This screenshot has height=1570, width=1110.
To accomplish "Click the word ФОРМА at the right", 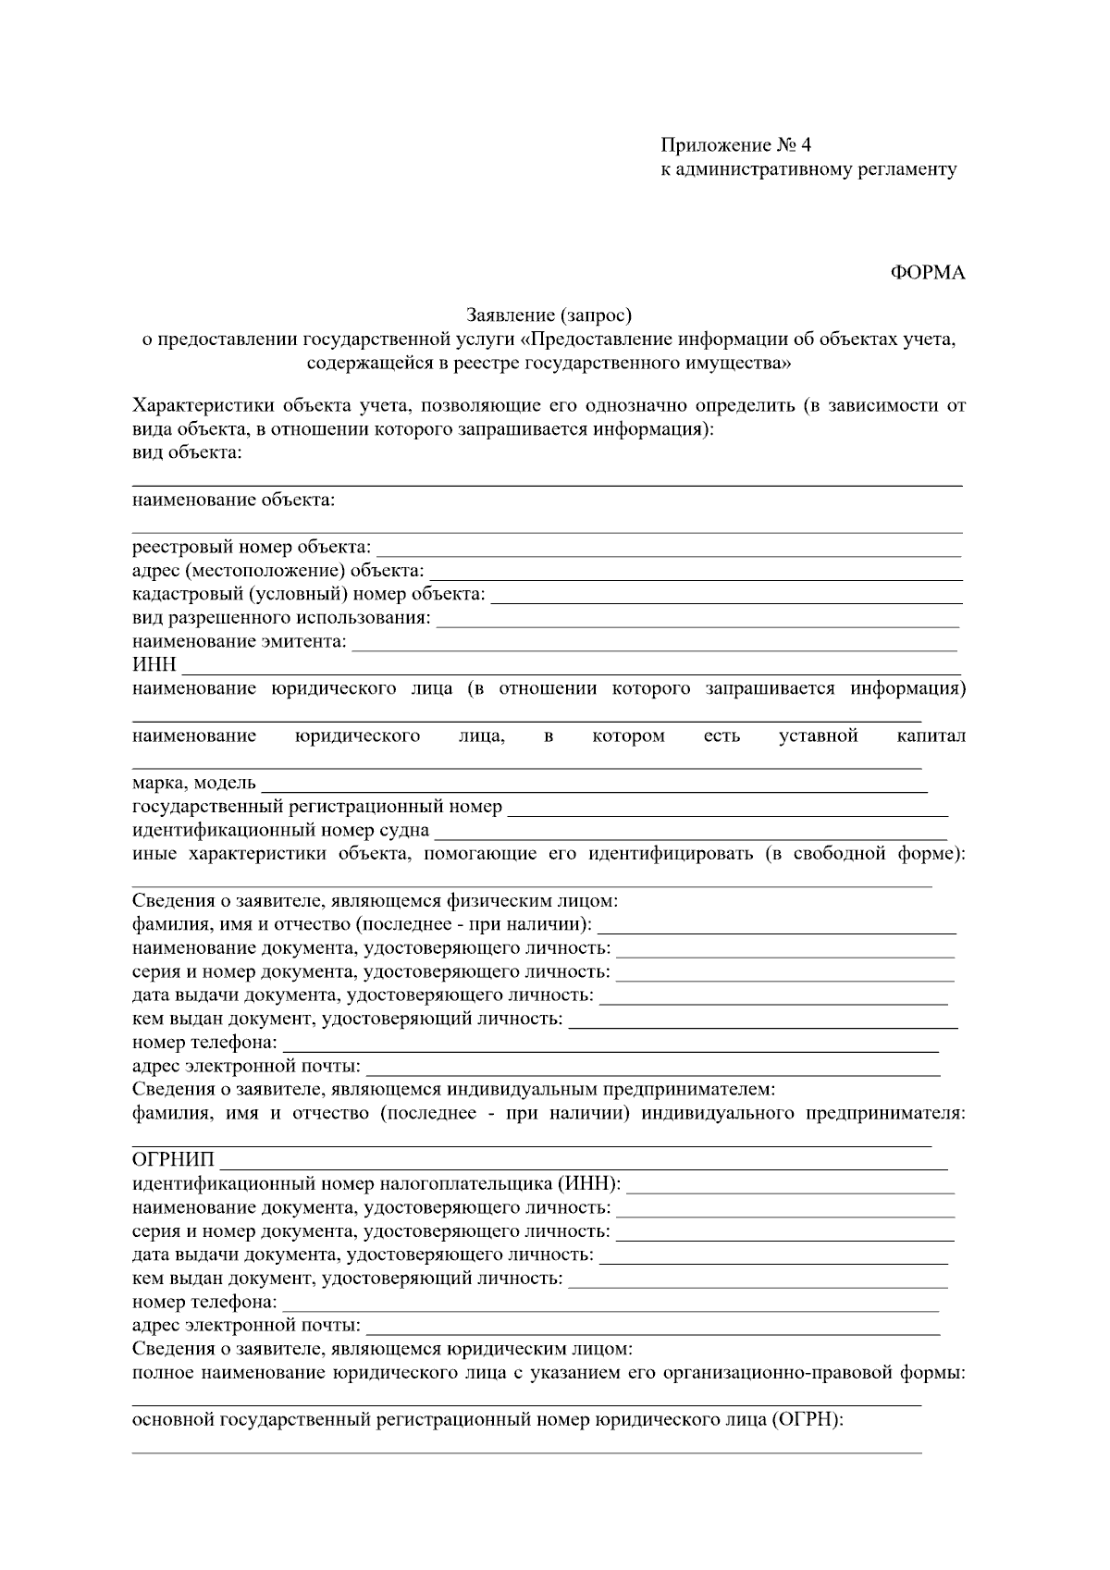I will coord(927,273).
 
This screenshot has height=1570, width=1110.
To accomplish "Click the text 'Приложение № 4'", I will coord(735,145).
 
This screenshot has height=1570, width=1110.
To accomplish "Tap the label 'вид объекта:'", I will coord(187,452).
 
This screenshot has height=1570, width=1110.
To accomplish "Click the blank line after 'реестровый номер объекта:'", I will coord(668,550).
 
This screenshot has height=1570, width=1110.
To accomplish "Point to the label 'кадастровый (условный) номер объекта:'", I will coord(309,594).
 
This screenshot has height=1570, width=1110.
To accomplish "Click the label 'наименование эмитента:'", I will coord(240,641).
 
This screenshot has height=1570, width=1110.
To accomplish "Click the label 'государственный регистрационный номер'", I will coord(317,807).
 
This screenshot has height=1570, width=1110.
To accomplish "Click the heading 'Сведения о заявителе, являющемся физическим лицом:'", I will coord(375,901).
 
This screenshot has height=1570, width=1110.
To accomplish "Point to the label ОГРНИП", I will coord(173,1160).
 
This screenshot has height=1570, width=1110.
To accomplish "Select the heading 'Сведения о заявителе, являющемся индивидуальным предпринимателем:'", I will coord(453,1089).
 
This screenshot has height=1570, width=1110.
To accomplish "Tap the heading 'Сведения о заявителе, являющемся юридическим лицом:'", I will coord(382,1349).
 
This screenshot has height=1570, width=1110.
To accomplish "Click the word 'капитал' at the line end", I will coord(931,736).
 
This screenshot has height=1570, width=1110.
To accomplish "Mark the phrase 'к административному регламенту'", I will coord(808,169).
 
